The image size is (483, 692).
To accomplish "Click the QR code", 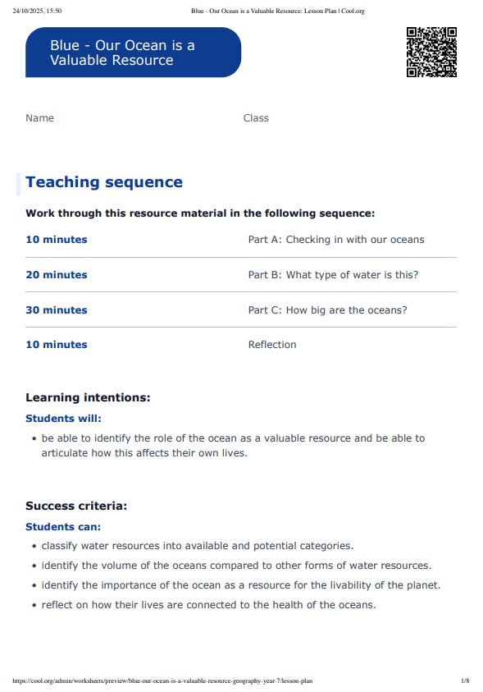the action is point(431,52).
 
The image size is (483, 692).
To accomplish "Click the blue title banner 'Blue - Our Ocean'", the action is point(133,53).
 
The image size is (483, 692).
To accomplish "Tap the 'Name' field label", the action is point(39,118).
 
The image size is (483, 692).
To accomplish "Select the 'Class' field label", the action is point(256,118).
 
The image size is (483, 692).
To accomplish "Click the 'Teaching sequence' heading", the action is point(104,182).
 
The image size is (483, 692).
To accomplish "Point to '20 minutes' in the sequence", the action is point(57,275).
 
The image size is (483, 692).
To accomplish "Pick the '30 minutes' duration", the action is point(57,310).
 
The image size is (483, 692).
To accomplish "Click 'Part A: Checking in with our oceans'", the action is point(336,240).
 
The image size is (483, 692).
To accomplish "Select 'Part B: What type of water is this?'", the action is point(333,275).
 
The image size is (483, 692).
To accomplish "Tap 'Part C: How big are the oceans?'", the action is point(327,310).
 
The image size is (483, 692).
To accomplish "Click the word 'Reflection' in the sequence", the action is point(272,345).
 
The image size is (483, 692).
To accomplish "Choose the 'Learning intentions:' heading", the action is point(88,398).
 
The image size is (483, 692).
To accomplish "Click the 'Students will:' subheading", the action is point(63,419).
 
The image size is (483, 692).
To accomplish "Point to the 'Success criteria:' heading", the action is point(76,506).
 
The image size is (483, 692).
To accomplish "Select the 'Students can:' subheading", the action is point(63,526).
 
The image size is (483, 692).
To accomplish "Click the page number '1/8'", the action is point(465,681).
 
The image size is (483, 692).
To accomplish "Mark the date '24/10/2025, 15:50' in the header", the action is point(38,11).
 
